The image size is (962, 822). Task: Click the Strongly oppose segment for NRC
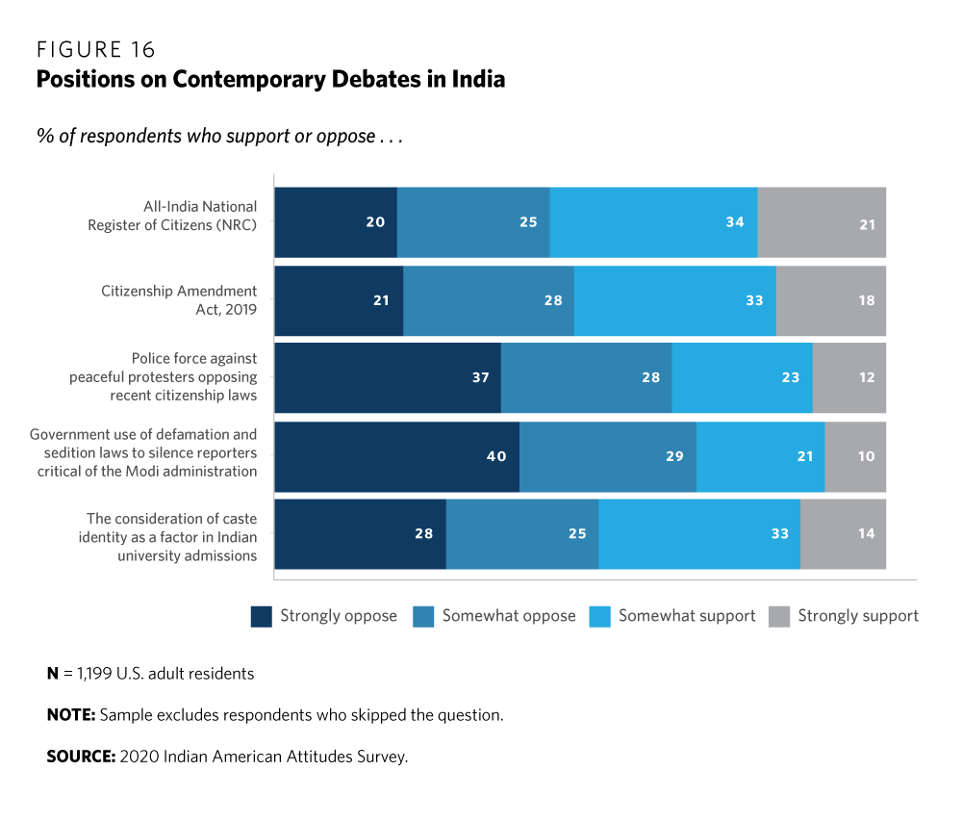[335, 222]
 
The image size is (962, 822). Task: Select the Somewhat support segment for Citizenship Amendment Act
[674, 300]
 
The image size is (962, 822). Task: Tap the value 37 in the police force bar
[481, 377]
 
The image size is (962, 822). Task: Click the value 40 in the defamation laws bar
[496, 456]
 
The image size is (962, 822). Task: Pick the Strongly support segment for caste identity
[843, 533]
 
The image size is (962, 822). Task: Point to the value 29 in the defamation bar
[674, 456]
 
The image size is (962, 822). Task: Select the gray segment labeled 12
[849, 377]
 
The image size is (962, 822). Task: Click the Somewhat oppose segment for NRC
[472, 222]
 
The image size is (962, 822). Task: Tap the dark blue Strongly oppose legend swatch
[262, 616]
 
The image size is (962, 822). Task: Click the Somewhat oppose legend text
[508, 616]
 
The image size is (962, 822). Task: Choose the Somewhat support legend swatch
[598, 616]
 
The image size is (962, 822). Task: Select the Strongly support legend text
[858, 616]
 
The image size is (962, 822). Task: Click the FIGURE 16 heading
[95, 50]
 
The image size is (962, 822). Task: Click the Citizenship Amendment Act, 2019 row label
[180, 299]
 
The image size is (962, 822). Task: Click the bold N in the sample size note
[53, 674]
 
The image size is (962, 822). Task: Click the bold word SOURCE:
[81, 757]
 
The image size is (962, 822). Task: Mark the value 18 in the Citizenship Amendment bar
[867, 300]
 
